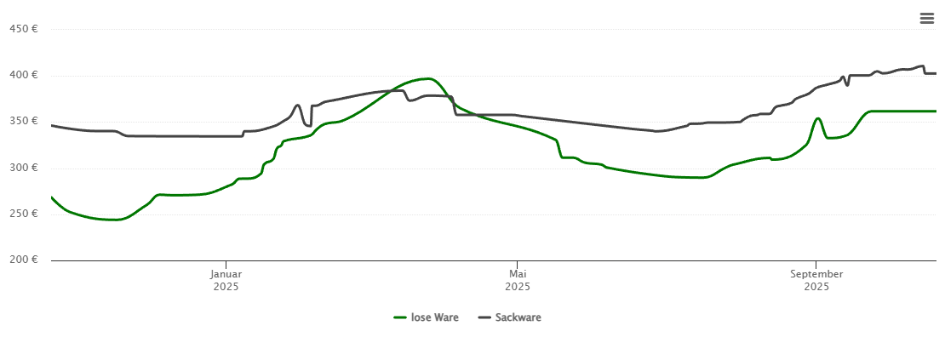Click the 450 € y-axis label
[23, 29]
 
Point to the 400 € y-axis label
[23, 75]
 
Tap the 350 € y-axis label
[23, 121]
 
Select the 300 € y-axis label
[23, 168]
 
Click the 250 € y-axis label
[23, 214]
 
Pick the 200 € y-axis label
[23, 260]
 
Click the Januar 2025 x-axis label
[226, 280]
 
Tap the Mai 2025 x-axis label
[518, 280]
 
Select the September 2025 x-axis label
[816, 280]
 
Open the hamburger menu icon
[926, 19]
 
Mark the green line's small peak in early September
[817, 118]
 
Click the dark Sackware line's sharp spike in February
[297, 106]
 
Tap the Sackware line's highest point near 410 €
[921, 66]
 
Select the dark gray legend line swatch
[484, 317]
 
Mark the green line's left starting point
[52, 197]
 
